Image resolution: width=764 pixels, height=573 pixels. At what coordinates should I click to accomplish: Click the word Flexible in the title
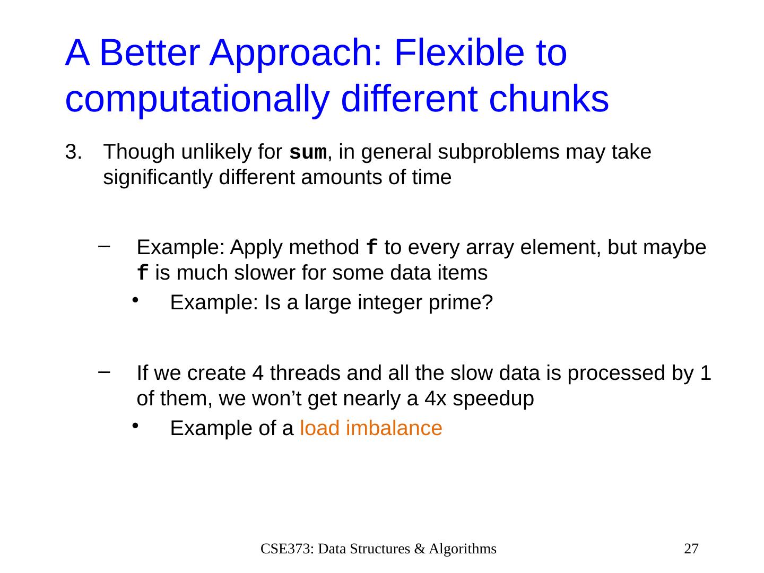(459, 53)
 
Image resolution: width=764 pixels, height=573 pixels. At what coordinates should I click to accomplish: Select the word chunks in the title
(549, 99)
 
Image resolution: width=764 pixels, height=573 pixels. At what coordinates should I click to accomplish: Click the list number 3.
(74, 152)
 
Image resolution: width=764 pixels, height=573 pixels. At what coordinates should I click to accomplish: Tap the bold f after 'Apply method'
(372, 247)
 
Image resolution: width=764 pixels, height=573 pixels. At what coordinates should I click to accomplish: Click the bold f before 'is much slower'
(142, 273)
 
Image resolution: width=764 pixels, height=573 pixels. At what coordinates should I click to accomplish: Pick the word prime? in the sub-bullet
(461, 302)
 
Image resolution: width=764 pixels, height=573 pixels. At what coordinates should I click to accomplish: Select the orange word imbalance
(394, 428)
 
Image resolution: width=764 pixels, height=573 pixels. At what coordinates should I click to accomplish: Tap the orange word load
(319, 428)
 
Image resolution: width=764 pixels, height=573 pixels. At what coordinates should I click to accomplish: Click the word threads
(305, 373)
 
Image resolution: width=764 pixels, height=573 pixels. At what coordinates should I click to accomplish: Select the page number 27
(691, 549)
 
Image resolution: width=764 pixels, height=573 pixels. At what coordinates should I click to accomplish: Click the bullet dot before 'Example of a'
(135, 426)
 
